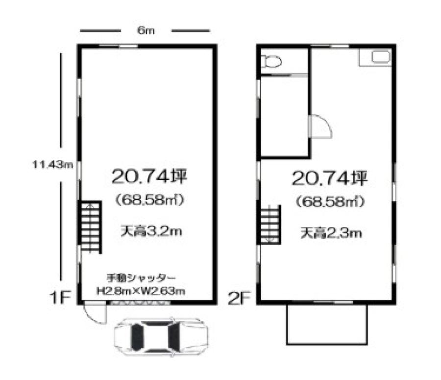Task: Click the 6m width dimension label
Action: point(146,30)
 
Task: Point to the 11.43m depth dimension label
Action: point(52,164)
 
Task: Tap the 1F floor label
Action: point(60,297)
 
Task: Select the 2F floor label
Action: point(239,298)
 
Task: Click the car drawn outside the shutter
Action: point(161,337)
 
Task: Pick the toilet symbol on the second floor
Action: point(271,62)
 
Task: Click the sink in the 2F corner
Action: point(381,56)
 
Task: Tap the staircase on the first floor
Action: point(90,227)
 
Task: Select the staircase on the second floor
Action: point(269,225)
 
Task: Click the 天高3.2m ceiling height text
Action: point(151,231)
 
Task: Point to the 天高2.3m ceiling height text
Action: point(331,233)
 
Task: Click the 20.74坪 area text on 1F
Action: point(149,177)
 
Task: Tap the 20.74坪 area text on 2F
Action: point(330,178)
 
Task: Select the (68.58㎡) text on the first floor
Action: point(150,200)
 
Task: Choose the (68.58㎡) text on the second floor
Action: point(330,202)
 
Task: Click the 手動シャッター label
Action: point(142,278)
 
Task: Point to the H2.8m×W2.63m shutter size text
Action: point(141,290)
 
